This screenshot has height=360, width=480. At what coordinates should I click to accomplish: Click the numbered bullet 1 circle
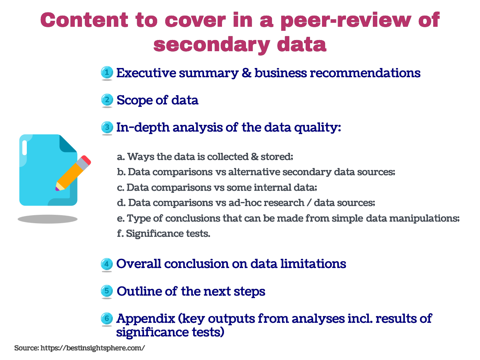coord(107,72)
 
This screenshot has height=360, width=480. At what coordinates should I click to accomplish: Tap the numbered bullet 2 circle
coord(107,100)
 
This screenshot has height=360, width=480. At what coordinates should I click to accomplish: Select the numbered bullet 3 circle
coord(107,127)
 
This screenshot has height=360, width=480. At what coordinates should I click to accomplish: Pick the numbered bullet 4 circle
coord(107,264)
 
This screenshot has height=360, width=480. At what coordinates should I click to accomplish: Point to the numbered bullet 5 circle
coord(107,291)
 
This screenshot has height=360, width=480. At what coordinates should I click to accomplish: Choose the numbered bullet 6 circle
coord(107,318)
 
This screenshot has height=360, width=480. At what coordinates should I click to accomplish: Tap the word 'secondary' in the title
coord(212,45)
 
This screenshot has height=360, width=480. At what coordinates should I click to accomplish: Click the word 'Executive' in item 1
coord(146,73)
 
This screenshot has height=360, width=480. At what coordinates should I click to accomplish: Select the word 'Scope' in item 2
coord(134,100)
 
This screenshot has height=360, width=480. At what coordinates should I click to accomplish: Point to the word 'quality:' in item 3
coord(318,128)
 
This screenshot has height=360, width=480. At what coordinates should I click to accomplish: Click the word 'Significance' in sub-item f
coord(155,234)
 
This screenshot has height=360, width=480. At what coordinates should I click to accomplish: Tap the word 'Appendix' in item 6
coord(146,319)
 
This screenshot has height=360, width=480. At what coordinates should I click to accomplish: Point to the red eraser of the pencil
coord(86,160)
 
